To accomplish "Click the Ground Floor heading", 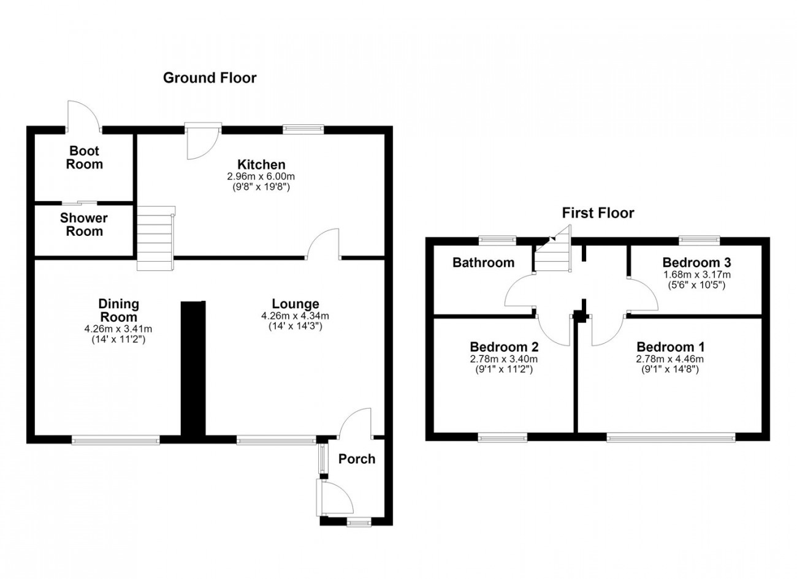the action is point(210,78).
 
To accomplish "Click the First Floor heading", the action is point(598,213).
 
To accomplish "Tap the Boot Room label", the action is point(85,157).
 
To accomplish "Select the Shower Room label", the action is point(84,224).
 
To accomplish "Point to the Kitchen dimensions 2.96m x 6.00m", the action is point(261,176).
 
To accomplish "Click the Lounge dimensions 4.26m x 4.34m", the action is point(295,316).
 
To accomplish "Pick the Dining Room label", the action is point(118,311).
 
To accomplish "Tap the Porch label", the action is point(357,459).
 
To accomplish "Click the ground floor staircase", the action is point(156,238).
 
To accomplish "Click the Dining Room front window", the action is point(116,441).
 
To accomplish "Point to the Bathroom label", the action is point(484,263).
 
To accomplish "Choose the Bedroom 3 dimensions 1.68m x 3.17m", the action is point(697,274).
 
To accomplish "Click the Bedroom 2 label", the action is point(504,347).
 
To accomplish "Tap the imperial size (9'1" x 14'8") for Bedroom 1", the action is point(670,369).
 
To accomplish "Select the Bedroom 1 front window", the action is point(671,437).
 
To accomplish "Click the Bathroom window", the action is point(497,240).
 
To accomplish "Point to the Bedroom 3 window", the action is point(700,240).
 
